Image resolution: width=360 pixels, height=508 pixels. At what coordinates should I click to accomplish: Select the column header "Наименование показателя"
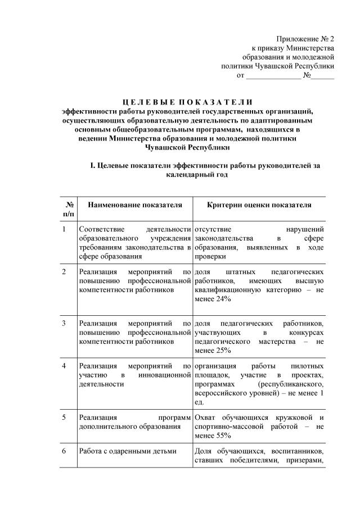[135, 205]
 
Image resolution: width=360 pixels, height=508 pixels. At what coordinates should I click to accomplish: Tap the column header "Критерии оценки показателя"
[259, 205]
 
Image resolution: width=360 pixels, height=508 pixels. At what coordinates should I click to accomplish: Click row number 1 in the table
[65, 229]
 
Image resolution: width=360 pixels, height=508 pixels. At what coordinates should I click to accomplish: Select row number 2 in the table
[65, 271]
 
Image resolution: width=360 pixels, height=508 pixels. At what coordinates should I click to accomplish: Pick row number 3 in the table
[65, 324]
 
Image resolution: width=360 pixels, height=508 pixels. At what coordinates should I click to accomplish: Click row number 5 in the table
[65, 418]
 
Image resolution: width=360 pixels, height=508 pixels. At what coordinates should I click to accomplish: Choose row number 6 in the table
[65, 451]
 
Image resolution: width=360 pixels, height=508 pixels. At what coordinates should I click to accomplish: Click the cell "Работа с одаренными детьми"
[128, 451]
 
